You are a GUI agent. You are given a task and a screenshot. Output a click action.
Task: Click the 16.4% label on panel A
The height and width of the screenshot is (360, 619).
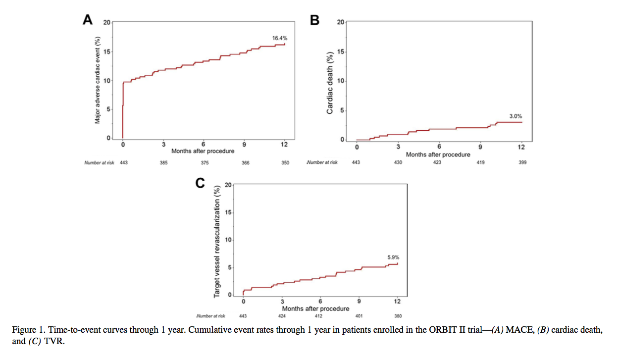click(279, 38)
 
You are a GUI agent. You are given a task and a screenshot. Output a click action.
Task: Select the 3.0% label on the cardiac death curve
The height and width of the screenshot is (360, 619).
click(516, 116)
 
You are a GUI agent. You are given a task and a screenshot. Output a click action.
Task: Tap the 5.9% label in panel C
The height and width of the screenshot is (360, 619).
click(393, 257)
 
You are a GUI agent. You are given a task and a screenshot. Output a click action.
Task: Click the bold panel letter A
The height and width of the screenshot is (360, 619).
click(87, 20)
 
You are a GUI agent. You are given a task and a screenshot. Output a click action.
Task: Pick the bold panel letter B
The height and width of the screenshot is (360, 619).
click(314, 20)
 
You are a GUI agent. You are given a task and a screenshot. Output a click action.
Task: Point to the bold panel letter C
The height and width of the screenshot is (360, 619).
click(200, 184)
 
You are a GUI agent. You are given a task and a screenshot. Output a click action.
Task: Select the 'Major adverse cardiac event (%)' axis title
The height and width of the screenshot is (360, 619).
click(98, 81)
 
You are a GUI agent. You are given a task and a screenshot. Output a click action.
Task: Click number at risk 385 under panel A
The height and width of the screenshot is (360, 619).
click(163, 162)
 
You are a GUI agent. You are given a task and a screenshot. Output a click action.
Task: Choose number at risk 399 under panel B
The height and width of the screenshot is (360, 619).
click(522, 162)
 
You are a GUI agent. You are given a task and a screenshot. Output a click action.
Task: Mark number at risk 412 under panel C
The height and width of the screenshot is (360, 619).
click(320, 316)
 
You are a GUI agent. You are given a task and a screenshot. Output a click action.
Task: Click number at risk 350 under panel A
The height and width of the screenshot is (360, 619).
click(285, 162)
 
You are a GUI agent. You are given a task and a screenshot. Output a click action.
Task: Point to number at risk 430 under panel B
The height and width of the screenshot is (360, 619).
click(397, 162)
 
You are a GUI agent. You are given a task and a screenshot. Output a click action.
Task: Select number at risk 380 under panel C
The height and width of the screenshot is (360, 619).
click(398, 316)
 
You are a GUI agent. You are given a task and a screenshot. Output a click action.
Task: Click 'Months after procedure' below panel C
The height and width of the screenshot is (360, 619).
click(315, 309)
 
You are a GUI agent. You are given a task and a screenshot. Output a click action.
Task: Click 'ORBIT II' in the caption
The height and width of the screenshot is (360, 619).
click(447, 330)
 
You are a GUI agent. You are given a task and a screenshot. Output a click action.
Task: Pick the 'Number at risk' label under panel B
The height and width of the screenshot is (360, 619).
click(322, 162)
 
